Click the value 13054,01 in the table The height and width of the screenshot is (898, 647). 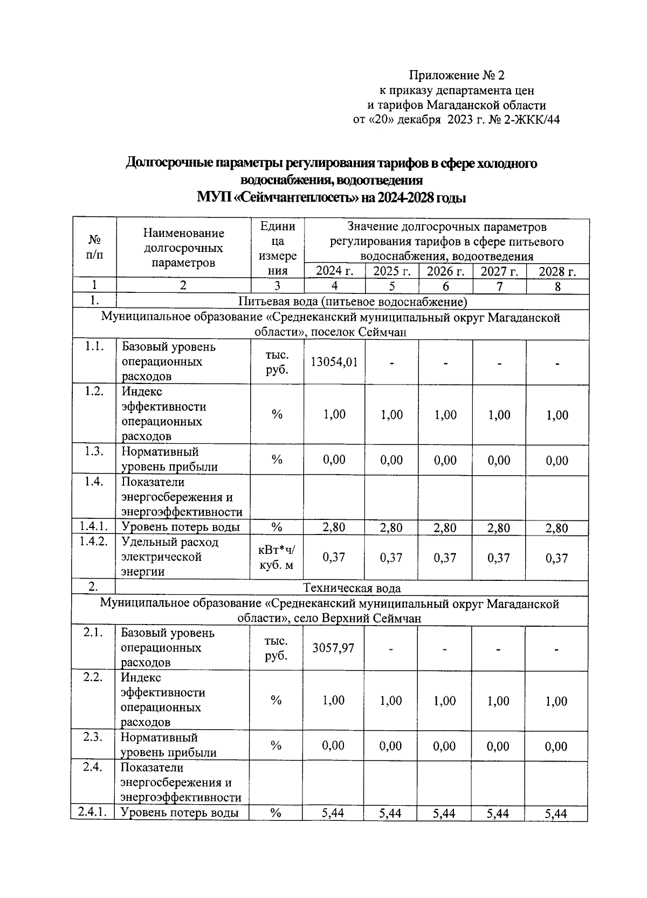pyautogui.click(x=334, y=362)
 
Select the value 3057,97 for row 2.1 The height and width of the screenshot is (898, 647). pyautogui.click(x=333, y=648)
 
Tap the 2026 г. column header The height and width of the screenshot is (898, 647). pyautogui.click(x=445, y=271)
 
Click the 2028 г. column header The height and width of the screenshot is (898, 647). pyautogui.click(x=557, y=271)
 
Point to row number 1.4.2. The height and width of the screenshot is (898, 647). pyautogui.click(x=94, y=541)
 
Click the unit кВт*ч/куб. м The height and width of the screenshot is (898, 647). pyautogui.click(x=277, y=558)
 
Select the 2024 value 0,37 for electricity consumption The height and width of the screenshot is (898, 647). pyautogui.click(x=334, y=558)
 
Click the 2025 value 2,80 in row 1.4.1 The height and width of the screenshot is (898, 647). pyautogui.click(x=391, y=528)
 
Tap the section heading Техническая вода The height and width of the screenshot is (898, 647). pyautogui.click(x=352, y=588)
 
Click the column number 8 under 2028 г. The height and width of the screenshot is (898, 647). pyautogui.click(x=557, y=286)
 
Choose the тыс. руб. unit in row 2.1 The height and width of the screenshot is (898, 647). pyautogui.click(x=276, y=648)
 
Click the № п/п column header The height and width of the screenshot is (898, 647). pyautogui.click(x=94, y=247)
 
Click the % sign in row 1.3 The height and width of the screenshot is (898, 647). pyautogui.click(x=277, y=460)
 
